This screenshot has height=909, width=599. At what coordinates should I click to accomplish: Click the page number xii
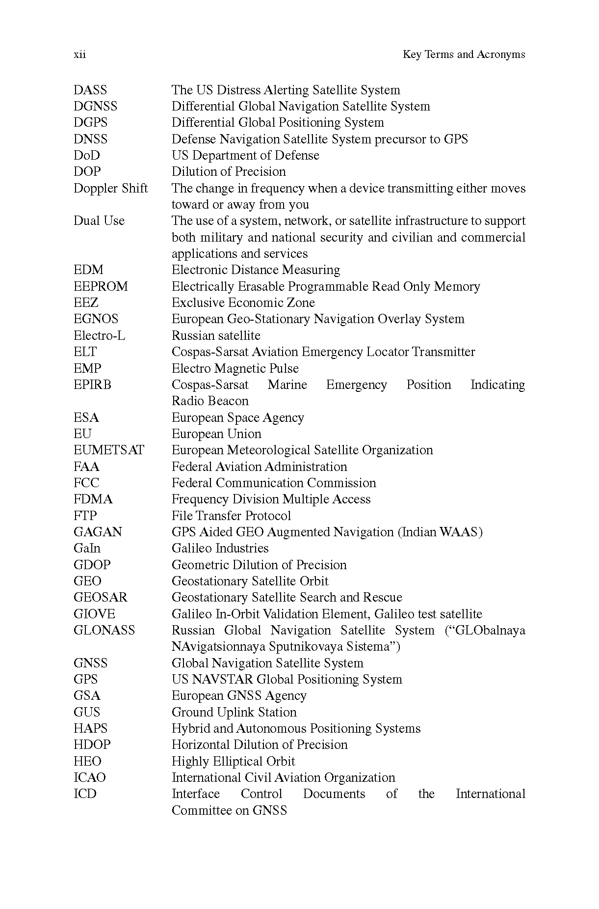(x=79, y=55)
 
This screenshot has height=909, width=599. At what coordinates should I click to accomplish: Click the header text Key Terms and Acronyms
(x=463, y=55)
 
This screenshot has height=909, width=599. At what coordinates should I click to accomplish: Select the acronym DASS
(x=90, y=90)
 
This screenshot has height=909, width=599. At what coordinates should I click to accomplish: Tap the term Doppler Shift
(x=110, y=188)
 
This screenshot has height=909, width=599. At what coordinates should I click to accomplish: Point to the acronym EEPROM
(x=101, y=286)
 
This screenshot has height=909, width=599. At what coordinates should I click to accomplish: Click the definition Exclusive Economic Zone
(x=243, y=303)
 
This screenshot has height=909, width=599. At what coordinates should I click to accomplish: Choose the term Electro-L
(x=99, y=335)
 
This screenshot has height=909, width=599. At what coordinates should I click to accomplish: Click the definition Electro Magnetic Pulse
(x=235, y=368)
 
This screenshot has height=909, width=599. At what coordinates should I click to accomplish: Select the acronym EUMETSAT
(x=109, y=450)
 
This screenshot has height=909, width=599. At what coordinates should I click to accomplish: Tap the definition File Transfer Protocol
(x=231, y=516)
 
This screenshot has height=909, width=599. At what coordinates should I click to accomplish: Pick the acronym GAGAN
(x=98, y=532)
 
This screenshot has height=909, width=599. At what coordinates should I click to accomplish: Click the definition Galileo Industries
(x=220, y=548)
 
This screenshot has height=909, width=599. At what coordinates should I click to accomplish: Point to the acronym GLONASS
(x=104, y=630)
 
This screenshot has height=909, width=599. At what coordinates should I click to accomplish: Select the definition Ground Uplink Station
(x=234, y=712)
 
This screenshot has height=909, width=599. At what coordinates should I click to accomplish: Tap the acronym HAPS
(x=90, y=728)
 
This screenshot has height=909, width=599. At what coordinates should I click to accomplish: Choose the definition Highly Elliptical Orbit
(x=233, y=761)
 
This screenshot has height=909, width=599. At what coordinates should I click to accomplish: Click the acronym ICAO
(x=89, y=777)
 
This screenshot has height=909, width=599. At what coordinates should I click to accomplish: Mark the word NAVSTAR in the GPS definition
(x=222, y=679)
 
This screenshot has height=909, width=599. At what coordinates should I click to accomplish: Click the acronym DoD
(x=86, y=155)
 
